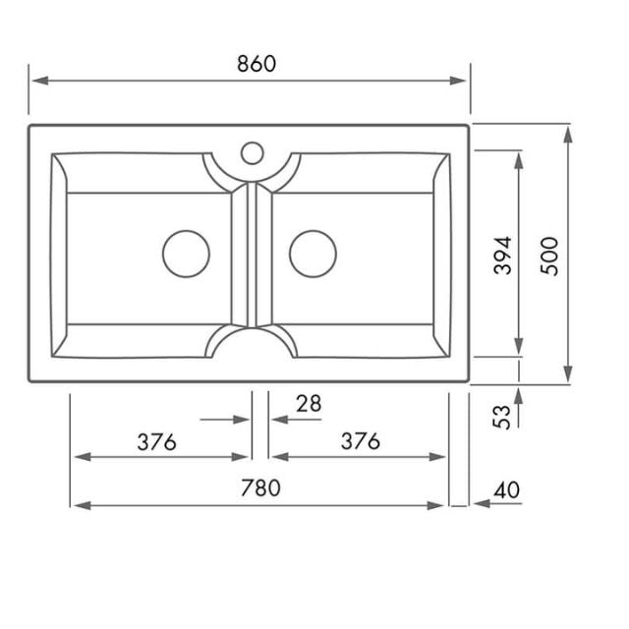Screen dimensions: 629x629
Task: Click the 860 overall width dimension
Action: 257,63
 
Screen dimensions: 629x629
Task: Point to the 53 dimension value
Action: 502,416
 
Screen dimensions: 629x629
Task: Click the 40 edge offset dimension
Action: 508,489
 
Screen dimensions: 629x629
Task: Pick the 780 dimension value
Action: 258,487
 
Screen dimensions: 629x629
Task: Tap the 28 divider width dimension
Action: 309,403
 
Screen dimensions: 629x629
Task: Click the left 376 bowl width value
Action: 156,441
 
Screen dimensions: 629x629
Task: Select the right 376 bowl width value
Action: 360,441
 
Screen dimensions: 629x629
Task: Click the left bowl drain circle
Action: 185,253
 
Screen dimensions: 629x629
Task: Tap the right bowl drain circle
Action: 313,253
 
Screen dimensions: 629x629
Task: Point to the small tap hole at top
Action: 252,152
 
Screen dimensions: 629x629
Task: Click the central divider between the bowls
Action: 251,256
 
